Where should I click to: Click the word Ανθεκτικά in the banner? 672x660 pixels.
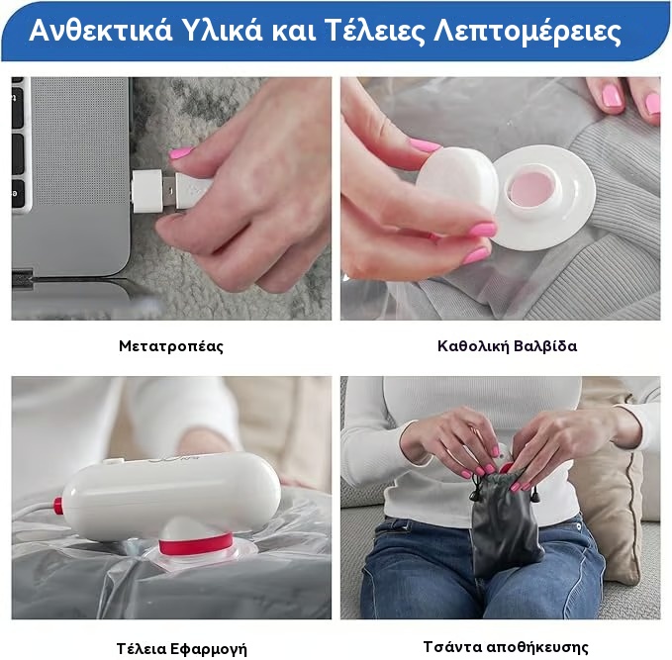101,30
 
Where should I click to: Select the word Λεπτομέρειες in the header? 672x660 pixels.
528,32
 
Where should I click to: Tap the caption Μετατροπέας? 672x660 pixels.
171,346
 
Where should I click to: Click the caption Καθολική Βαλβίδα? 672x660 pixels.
507,345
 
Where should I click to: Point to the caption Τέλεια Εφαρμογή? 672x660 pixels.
182,648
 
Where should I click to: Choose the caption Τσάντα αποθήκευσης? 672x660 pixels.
506,646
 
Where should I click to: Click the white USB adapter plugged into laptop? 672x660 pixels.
147,191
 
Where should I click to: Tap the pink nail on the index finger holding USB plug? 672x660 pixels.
181,152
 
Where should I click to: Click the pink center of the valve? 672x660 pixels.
533,188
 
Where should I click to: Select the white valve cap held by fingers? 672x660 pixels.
457,181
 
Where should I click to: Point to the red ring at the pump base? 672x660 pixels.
196,543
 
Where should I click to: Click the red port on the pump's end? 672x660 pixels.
57,505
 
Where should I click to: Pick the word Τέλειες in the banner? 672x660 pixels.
374,31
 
